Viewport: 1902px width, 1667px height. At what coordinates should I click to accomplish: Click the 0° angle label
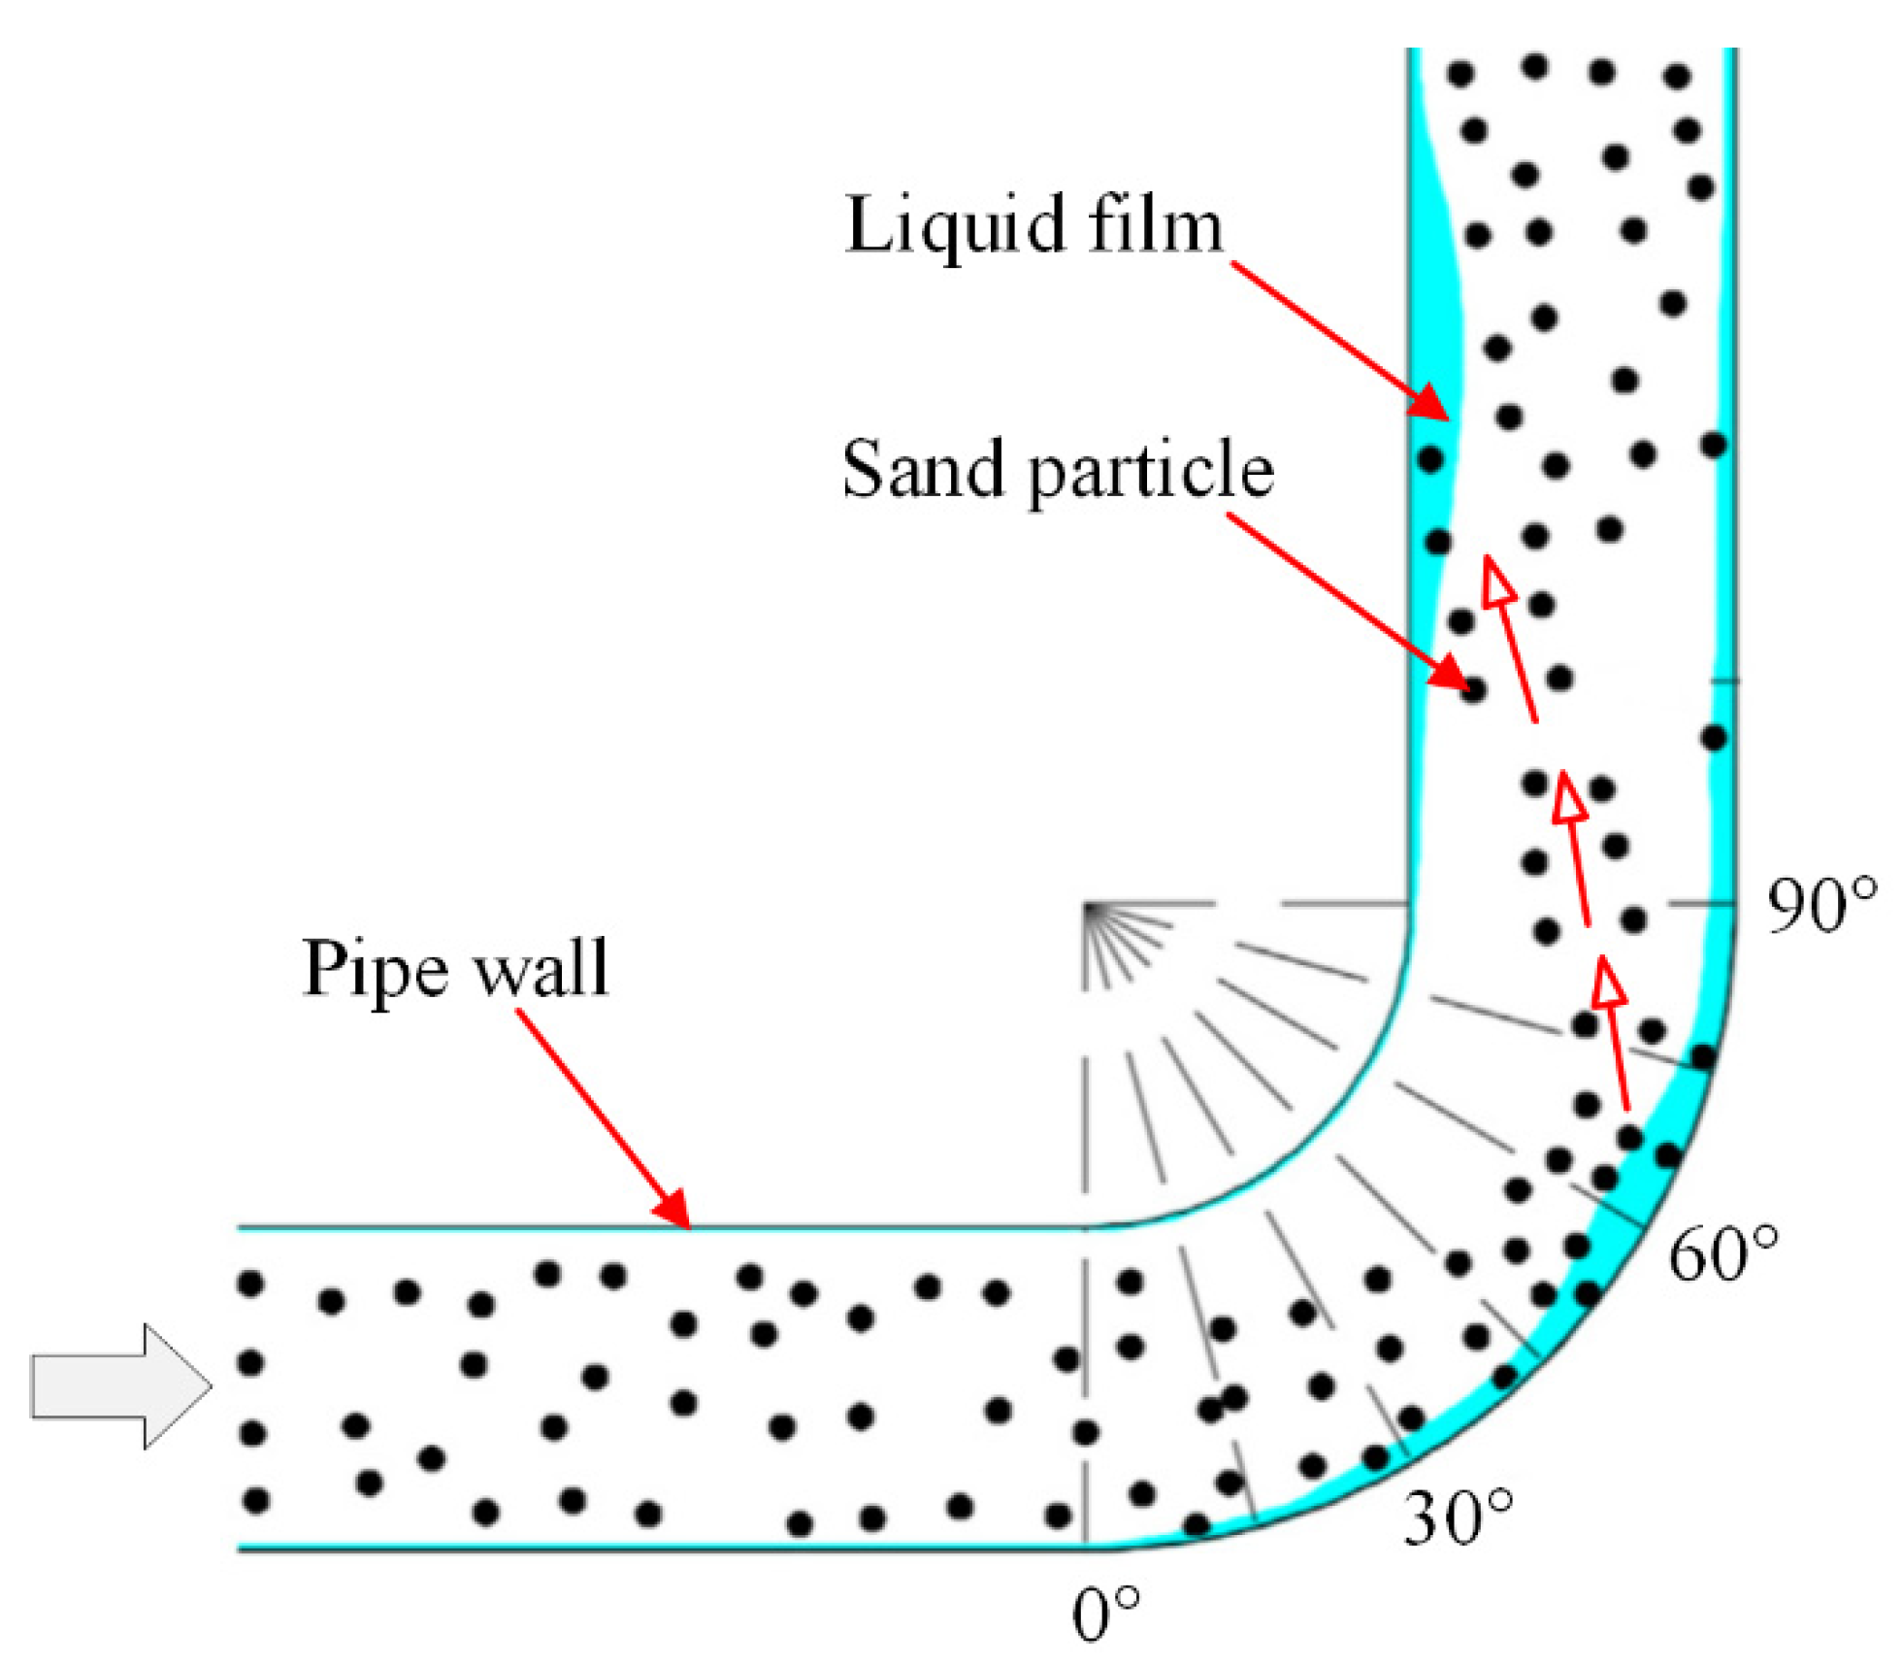(x=1105, y=1613)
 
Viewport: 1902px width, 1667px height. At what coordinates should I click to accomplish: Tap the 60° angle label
(x=1723, y=1252)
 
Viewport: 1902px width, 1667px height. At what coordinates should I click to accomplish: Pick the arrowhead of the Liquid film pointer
(x=1432, y=402)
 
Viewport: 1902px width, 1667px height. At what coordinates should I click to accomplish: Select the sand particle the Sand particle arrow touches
(x=1473, y=690)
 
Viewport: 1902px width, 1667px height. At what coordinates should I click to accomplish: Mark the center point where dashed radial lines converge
(x=1086, y=906)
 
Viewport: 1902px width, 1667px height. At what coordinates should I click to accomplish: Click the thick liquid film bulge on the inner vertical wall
(x=1434, y=320)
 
